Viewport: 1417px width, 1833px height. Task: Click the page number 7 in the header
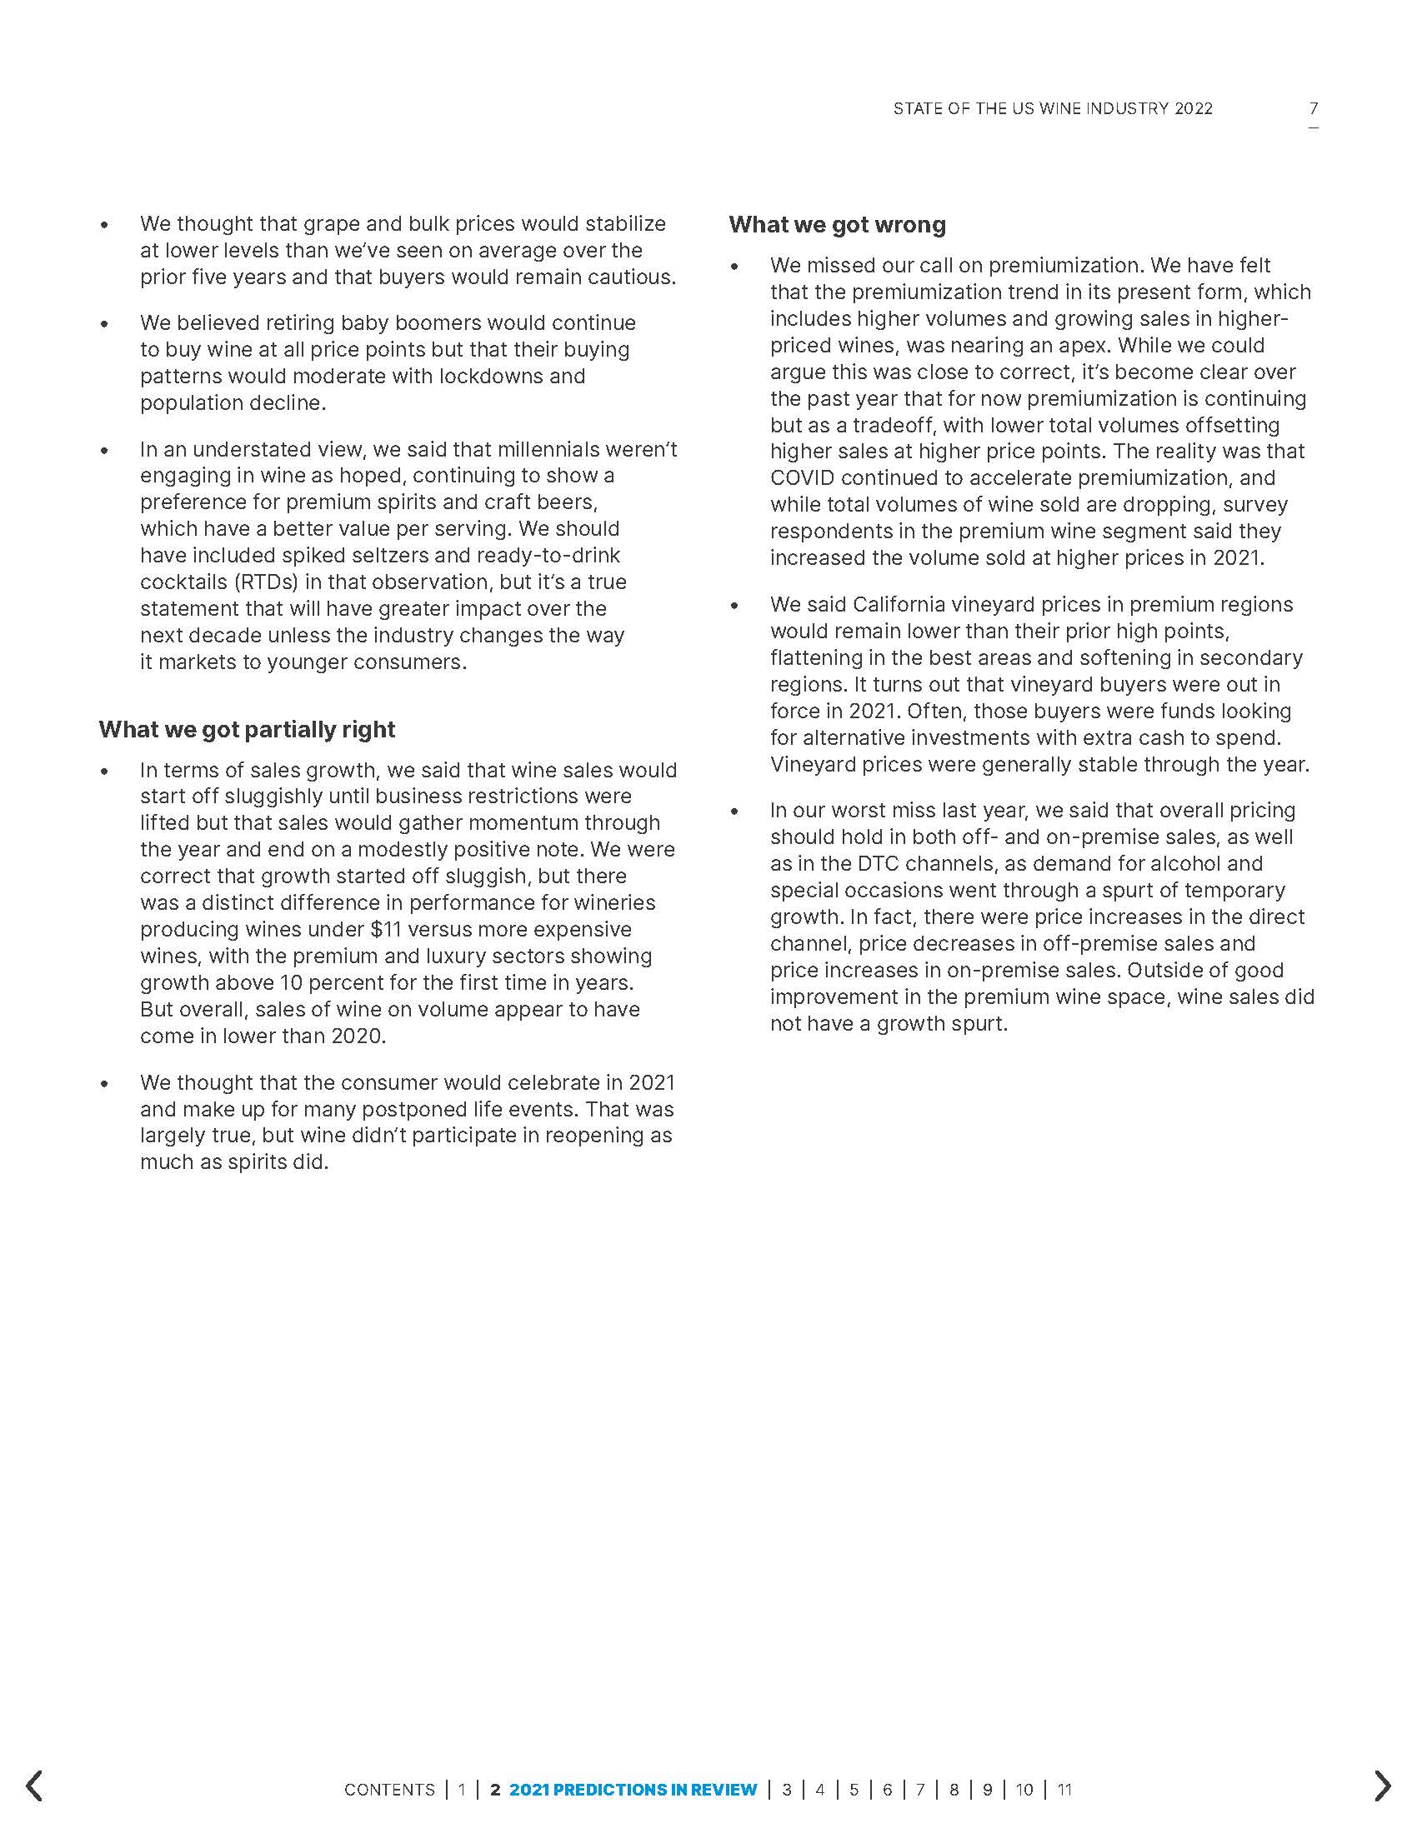pyautogui.click(x=1313, y=108)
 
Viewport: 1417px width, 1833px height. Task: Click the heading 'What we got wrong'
pyautogui.click(x=837, y=225)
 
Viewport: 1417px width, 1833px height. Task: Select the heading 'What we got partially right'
pyautogui.click(x=247, y=729)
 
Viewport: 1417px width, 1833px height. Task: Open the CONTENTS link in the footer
pyautogui.click(x=389, y=1790)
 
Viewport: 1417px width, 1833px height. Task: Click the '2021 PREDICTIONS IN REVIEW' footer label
pyautogui.click(x=633, y=1790)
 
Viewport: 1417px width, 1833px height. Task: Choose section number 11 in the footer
pyautogui.click(x=1064, y=1790)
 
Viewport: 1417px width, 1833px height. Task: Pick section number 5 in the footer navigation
pyautogui.click(x=854, y=1790)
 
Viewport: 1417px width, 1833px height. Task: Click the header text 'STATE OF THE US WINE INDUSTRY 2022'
pyautogui.click(x=1053, y=108)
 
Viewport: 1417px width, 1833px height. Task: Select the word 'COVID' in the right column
pyautogui.click(x=802, y=478)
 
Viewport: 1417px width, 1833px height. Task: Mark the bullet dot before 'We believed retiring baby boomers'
pyautogui.click(x=104, y=324)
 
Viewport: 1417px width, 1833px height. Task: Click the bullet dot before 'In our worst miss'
pyautogui.click(x=734, y=812)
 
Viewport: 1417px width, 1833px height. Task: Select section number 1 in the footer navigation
pyautogui.click(x=462, y=1790)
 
